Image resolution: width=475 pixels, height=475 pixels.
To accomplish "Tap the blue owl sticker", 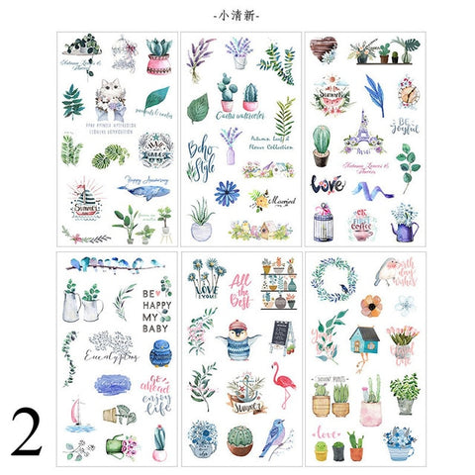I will click(x=161, y=353).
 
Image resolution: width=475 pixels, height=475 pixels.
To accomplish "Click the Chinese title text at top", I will click(x=238, y=15).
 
